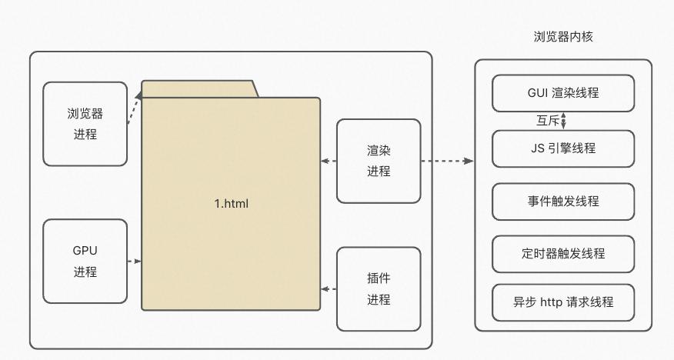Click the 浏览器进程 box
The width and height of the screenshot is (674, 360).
85,124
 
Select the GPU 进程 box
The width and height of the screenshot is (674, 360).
85,261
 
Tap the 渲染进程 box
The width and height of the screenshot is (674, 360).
379,161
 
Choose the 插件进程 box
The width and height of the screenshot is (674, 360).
379,288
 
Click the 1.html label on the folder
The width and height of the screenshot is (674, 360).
231,204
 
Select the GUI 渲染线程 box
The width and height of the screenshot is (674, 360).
563,93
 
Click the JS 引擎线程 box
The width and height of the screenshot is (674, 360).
563,148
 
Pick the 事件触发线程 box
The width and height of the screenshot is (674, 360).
563,202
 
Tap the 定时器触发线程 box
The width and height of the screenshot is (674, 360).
563,254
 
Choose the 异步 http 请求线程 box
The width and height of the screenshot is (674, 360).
563,302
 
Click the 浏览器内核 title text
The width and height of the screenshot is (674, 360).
563,37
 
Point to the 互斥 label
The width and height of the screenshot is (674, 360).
547,121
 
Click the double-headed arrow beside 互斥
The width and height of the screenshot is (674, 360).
564,121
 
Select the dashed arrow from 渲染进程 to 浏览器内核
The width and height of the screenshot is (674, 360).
447,161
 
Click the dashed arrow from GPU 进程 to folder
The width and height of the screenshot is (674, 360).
134,262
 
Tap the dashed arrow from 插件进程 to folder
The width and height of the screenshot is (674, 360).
329,289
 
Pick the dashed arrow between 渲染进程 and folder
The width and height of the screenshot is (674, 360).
329,161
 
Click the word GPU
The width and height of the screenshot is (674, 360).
85,251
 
